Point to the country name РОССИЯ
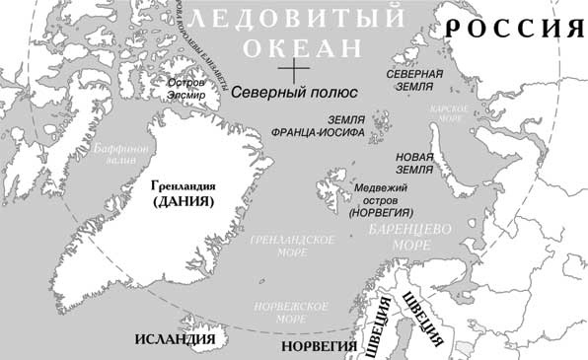tap(513, 28)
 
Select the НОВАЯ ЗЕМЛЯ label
tap(414, 163)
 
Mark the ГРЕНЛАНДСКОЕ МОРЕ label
tap(293, 247)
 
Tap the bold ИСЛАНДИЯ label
tap(175, 340)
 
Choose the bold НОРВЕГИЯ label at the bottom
tap(319, 347)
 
